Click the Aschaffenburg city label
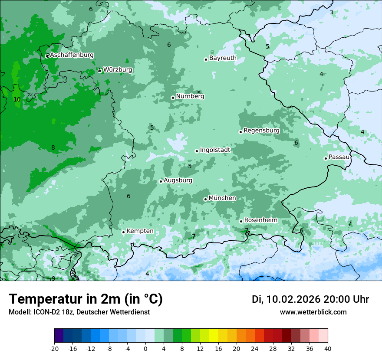click(72, 55)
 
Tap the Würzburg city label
click(118, 69)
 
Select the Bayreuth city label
click(223, 58)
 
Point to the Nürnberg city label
click(190, 96)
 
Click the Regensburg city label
click(261, 130)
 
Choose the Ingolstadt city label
click(215, 150)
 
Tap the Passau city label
click(339, 157)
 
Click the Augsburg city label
click(178, 180)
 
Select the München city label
click(222, 198)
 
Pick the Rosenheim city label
click(260, 220)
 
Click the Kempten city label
click(140, 231)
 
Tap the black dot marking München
click(205, 199)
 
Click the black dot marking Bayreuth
click(206, 59)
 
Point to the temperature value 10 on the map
click(17, 99)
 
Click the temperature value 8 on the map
click(53, 147)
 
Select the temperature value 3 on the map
click(331, 12)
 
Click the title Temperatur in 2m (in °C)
click(86, 299)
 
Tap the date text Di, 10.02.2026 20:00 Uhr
click(310, 299)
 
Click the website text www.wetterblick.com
click(313, 312)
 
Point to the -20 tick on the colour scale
click(54, 348)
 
